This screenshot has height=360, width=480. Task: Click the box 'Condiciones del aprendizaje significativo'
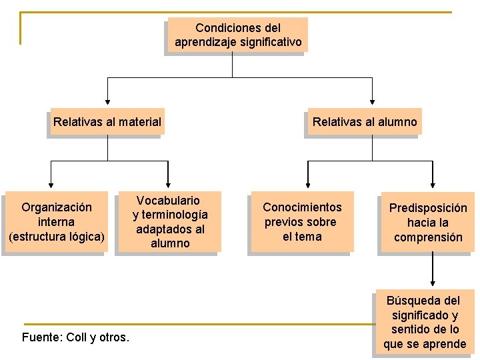[237, 35]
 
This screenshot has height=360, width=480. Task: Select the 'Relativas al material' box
[107, 122]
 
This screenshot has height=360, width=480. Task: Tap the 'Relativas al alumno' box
[364, 122]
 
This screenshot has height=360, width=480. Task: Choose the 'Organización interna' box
[56, 222]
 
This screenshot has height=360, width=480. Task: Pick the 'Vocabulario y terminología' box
[169, 222]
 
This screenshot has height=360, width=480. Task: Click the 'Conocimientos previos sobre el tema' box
[301, 222]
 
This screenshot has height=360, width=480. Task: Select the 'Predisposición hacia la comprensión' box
[427, 223]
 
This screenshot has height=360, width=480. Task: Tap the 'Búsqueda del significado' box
[425, 322]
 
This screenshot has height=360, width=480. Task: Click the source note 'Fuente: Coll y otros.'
[75, 337]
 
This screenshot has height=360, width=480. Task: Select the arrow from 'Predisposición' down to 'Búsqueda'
[433, 270]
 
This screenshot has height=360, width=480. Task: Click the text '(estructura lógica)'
[57, 237]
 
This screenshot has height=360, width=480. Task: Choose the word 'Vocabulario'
[168, 201]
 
